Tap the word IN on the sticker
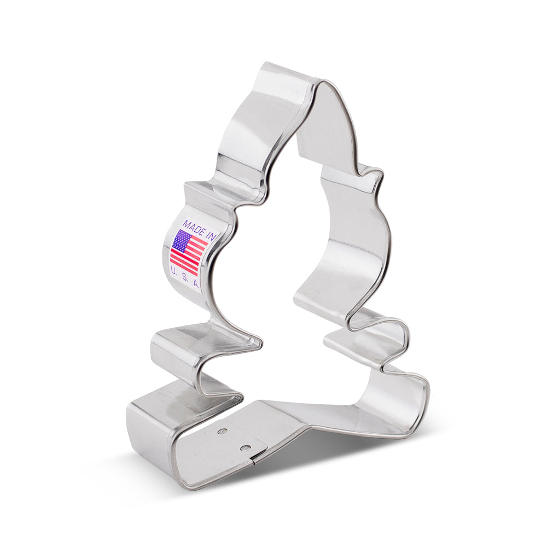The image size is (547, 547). click(211, 235)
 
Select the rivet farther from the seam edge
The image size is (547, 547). click(222, 432)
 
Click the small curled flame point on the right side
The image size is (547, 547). click(377, 176)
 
